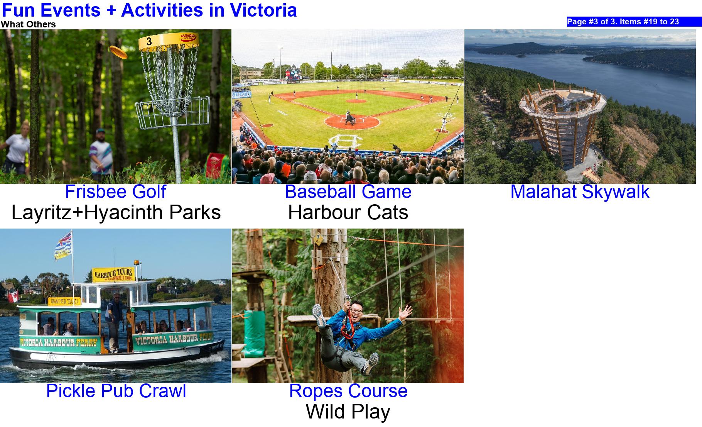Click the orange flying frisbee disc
pyautogui.click(x=118, y=52)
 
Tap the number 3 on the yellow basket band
pyautogui.click(x=149, y=41)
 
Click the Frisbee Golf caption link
pyautogui.click(x=116, y=192)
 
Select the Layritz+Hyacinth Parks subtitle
pyautogui.click(x=116, y=212)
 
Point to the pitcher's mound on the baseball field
pyautogui.click(x=356, y=101)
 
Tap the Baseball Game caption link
pyautogui.click(x=348, y=192)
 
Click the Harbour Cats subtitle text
pyautogui.click(x=348, y=212)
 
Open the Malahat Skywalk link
pyautogui.click(x=580, y=192)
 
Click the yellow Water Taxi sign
pyautogui.click(x=64, y=301)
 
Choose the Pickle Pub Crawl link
pyautogui.click(x=116, y=391)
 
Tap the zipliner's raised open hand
pyautogui.click(x=405, y=311)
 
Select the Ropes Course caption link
pyautogui.click(x=348, y=391)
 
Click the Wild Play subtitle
pyautogui.click(x=348, y=412)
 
